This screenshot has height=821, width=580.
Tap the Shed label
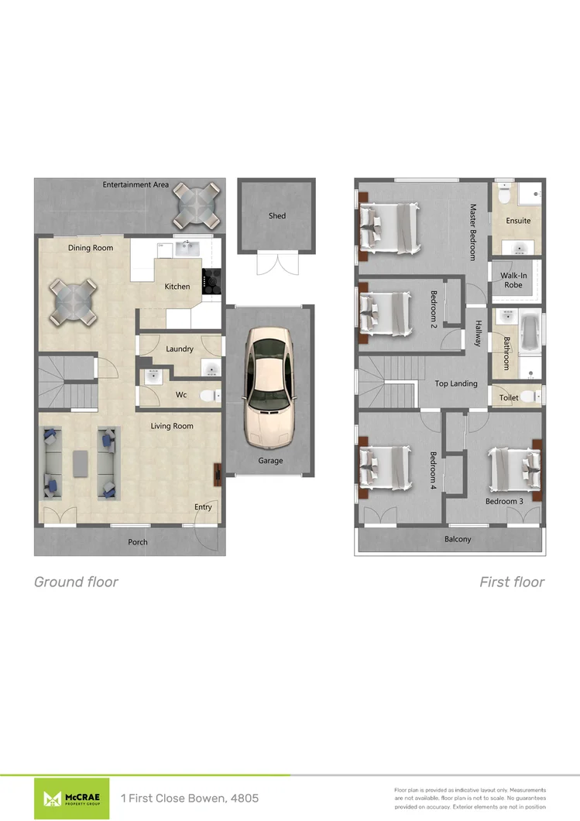click(276, 216)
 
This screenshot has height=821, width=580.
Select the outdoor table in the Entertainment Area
click(191, 203)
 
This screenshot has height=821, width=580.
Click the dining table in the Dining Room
click(74, 302)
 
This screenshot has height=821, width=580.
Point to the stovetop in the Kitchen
click(211, 283)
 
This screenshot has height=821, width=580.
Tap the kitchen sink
click(187, 249)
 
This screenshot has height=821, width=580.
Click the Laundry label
click(180, 349)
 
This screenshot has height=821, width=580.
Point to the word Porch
click(138, 542)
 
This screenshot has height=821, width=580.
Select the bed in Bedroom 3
click(511, 466)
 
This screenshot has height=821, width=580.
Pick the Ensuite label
click(518, 221)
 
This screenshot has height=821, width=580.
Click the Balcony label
click(458, 540)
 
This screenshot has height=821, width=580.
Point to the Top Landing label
click(456, 383)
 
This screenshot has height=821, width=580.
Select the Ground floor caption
click(76, 582)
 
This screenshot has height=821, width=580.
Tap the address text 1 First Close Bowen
click(190, 798)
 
